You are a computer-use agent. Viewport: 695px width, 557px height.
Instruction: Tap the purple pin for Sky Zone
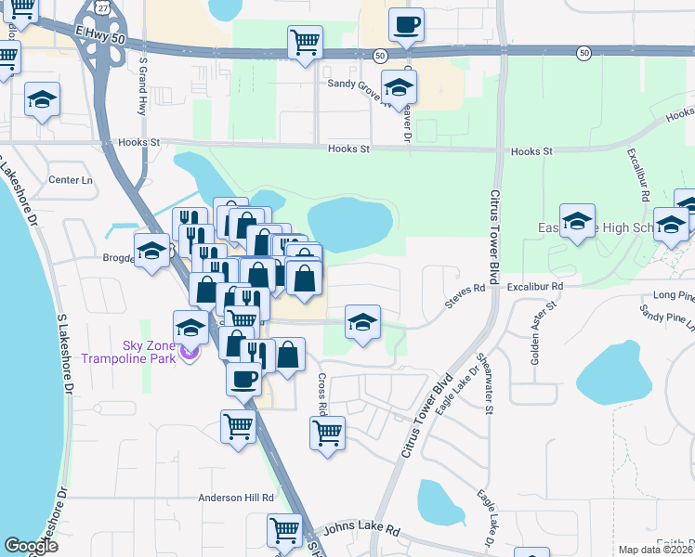coord(190,352)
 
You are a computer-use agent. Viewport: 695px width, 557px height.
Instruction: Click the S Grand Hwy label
coord(143,87)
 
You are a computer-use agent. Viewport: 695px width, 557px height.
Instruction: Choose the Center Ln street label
coord(72,179)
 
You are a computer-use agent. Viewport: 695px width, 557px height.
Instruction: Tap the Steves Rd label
coord(466,289)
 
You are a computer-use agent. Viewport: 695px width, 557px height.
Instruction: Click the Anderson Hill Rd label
coord(236,498)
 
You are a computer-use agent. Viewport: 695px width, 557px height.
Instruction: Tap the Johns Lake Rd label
coord(361,530)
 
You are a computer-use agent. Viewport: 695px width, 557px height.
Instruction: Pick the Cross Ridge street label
coord(321,393)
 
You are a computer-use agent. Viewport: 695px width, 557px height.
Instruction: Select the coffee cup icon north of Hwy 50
coord(406,24)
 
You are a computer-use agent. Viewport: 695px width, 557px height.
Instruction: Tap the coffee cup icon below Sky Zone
coord(243,378)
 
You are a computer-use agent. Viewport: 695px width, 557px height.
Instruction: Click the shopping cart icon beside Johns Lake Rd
coord(284,530)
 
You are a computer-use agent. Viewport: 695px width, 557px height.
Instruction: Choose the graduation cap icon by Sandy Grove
coord(399,87)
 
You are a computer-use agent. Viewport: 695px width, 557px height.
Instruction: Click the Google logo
coord(31,546)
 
